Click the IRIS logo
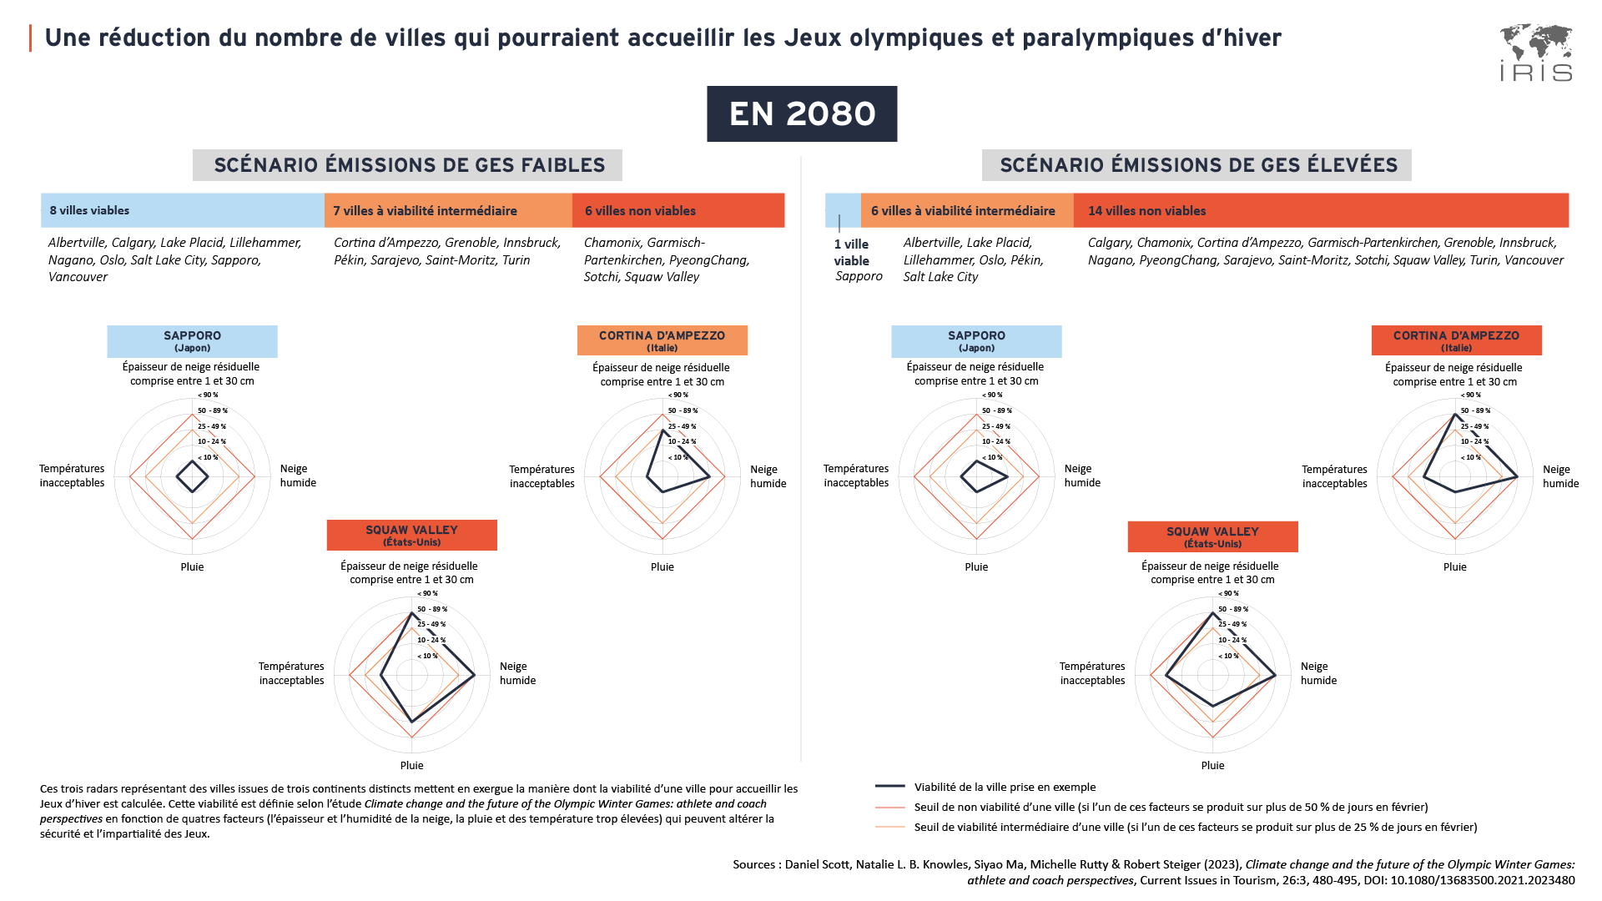pyautogui.click(x=1535, y=53)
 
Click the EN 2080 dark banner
pyautogui.click(x=802, y=114)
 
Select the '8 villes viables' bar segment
pyautogui.click(x=182, y=210)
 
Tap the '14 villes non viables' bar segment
pyautogui.click(x=1320, y=210)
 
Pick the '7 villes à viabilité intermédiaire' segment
pyautogui.click(x=448, y=210)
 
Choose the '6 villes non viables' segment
pyautogui.click(x=678, y=210)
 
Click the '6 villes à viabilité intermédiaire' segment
pyautogui.click(x=966, y=210)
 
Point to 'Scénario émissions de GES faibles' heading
pyautogui.click(x=408, y=165)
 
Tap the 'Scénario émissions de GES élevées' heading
pyautogui.click(x=1197, y=165)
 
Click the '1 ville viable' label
pyautogui.click(x=852, y=252)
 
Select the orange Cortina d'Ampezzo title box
pyautogui.click(x=662, y=340)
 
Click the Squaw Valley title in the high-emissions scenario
pyautogui.click(x=1212, y=536)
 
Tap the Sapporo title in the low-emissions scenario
pyautogui.click(x=192, y=341)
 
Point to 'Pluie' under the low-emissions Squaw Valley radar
pyautogui.click(x=411, y=765)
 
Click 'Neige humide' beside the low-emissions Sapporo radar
pyautogui.click(x=298, y=476)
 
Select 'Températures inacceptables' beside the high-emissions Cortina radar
pyautogui.click(x=1334, y=476)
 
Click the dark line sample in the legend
pyautogui.click(x=890, y=786)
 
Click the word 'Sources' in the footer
pyautogui.click(x=754, y=864)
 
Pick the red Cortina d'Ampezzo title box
pyautogui.click(x=1456, y=340)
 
